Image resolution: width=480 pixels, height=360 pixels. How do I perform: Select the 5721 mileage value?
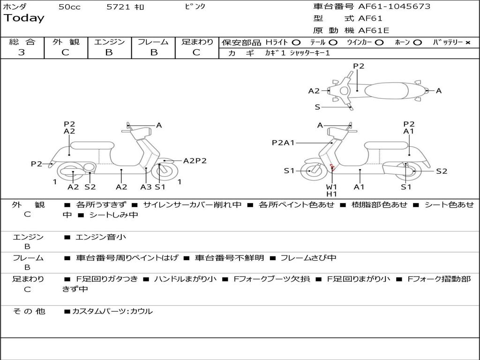[119, 7]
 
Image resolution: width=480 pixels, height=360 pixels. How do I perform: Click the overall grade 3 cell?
[22, 52]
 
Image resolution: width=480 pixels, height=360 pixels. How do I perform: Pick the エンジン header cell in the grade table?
[109, 42]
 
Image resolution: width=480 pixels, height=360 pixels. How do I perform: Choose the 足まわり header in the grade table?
[197, 42]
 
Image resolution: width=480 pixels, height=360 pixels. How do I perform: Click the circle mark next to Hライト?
[296, 42]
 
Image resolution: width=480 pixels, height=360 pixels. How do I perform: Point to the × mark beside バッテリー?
[467, 42]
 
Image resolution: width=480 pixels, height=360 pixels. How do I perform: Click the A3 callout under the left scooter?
[146, 187]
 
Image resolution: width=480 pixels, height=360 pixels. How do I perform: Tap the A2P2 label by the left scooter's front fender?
[195, 161]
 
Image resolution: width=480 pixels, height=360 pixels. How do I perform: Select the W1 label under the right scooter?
[331, 187]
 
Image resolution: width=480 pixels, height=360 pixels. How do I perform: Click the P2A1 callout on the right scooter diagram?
[283, 142]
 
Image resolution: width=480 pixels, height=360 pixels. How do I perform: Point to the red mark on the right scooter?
[332, 167]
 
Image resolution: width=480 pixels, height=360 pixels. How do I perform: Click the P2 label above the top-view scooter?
[359, 66]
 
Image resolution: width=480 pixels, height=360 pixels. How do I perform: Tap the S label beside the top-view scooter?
[317, 107]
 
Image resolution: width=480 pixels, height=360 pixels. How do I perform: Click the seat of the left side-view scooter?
[92, 145]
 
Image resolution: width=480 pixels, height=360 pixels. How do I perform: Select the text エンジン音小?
[101, 237]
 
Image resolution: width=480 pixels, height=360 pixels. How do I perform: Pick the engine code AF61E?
[374, 30]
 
